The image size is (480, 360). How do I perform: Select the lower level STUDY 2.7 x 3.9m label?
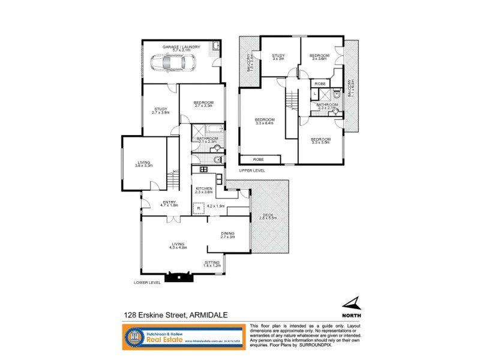[x=160, y=110]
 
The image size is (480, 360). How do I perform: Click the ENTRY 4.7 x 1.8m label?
[x=168, y=204]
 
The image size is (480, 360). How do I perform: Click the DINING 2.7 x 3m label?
[x=227, y=235]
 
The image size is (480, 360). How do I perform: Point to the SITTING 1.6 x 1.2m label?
[x=212, y=263]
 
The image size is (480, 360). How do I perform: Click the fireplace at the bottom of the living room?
[x=180, y=277]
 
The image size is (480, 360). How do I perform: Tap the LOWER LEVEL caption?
[x=148, y=283]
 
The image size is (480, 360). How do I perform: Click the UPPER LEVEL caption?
[x=252, y=171]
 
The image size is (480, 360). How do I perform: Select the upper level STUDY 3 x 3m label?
[x=278, y=57]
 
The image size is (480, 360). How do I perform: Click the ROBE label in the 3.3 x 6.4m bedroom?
[x=259, y=160]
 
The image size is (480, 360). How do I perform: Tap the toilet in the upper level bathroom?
[x=337, y=94]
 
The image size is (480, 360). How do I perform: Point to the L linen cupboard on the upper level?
[x=316, y=94]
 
